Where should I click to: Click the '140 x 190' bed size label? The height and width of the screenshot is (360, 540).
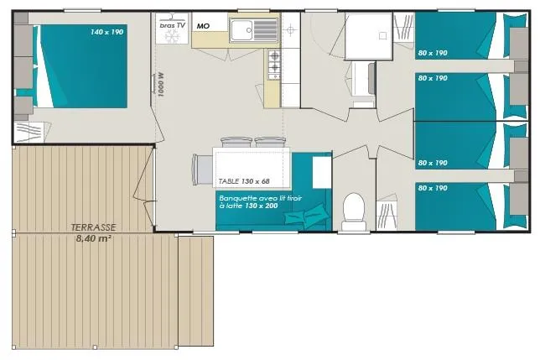click(x=106, y=32)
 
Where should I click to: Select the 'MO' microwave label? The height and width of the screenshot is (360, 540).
click(x=202, y=26)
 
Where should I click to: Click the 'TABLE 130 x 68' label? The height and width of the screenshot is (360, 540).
click(x=243, y=180)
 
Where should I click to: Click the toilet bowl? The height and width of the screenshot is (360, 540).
click(x=354, y=208)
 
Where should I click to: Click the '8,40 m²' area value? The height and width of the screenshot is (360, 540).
click(x=94, y=237)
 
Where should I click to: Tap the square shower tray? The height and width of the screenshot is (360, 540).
click(x=367, y=36)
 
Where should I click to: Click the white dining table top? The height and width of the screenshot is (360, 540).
click(x=252, y=164)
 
